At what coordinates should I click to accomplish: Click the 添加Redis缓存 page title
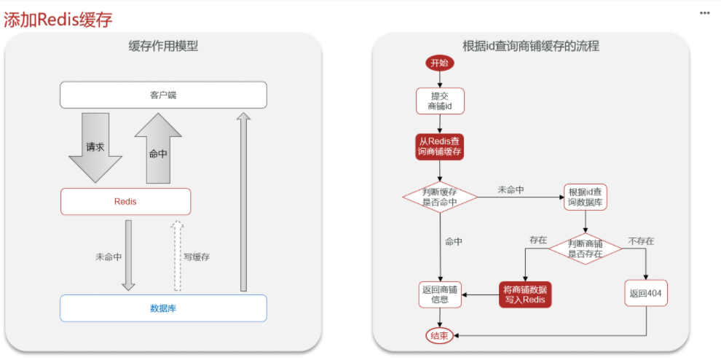[58, 20]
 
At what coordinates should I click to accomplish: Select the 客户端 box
[163, 95]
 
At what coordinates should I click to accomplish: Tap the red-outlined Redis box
[125, 202]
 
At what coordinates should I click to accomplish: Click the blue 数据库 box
[163, 308]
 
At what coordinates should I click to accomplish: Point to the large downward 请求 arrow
[95, 147]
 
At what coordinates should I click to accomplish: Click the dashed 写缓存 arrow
[177, 256]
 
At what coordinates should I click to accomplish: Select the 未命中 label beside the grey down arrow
[109, 257]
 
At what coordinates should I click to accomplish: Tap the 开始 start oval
[440, 63]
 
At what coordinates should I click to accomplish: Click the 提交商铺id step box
[440, 101]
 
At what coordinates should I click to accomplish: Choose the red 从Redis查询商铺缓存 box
[440, 147]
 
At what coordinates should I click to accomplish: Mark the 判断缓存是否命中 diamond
[440, 197]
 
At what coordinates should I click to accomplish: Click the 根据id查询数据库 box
[586, 197]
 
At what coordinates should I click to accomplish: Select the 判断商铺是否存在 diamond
[586, 249]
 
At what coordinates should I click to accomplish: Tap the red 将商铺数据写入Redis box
[524, 294]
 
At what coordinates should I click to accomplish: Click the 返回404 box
[646, 293]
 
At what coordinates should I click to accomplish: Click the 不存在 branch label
[641, 240]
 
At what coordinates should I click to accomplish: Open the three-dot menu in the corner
[705, 13]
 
